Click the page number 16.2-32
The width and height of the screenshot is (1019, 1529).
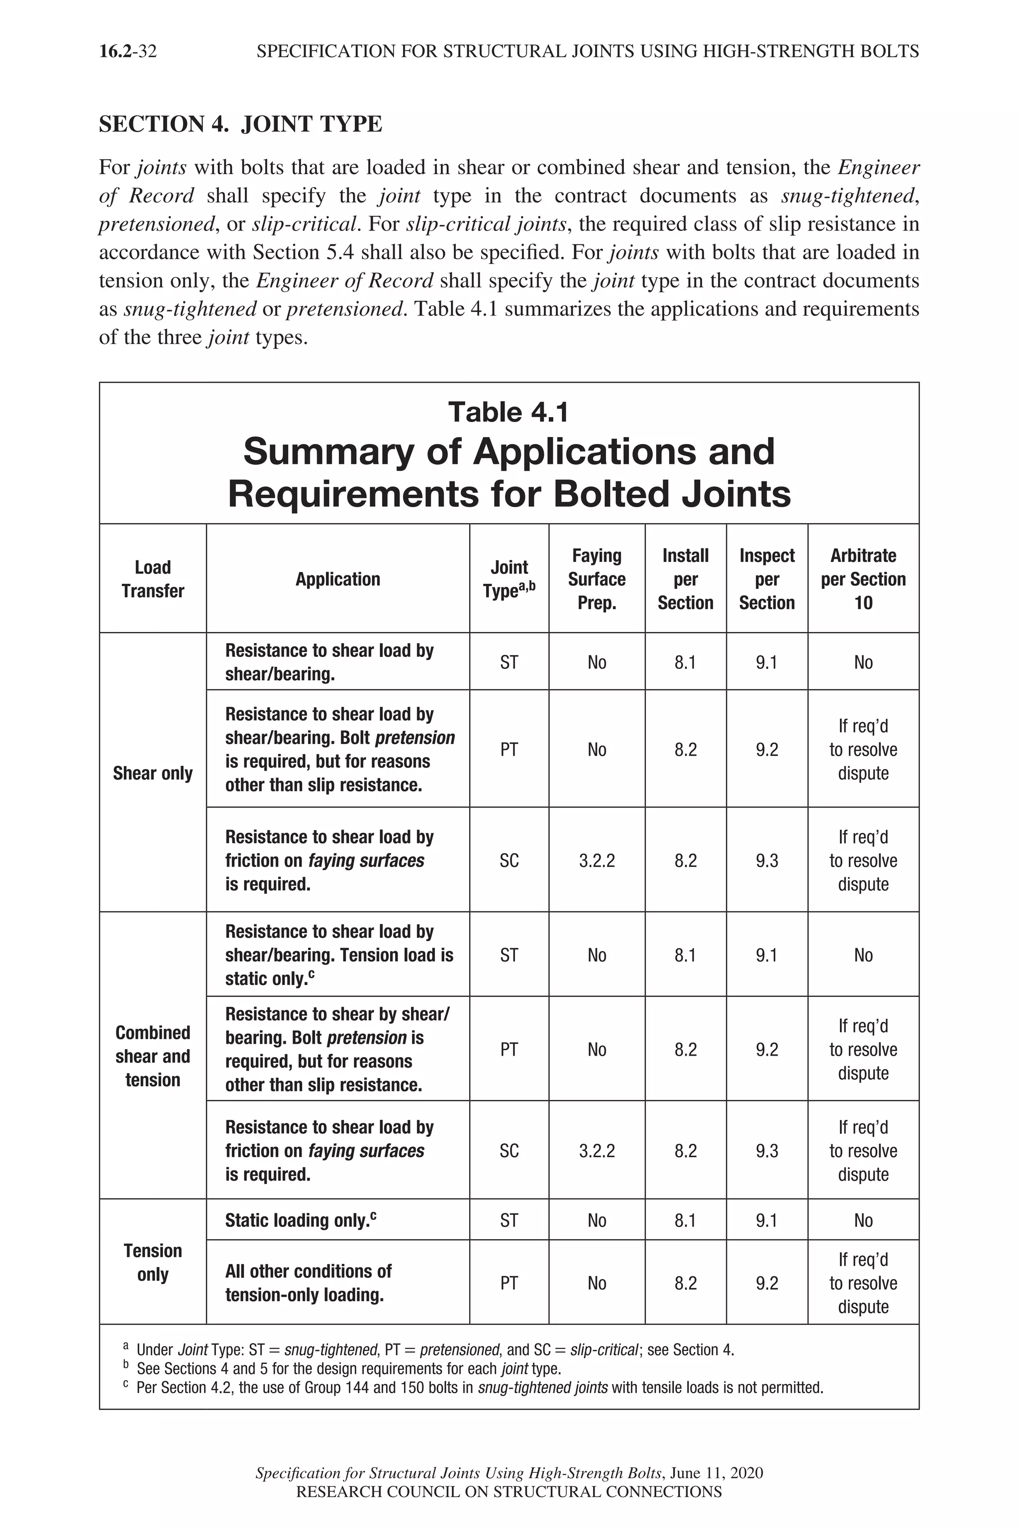point(127,51)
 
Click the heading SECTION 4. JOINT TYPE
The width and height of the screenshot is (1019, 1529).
point(240,123)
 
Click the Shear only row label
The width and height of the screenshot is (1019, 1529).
point(153,773)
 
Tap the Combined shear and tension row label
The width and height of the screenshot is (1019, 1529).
point(153,1056)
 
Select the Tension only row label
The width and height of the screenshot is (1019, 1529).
point(153,1262)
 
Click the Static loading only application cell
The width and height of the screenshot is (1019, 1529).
point(300,1220)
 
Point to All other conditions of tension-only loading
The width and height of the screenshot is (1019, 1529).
point(308,1283)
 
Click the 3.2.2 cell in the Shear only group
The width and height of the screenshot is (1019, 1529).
point(597,861)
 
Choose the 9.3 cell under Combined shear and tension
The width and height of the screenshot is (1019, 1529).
point(766,1151)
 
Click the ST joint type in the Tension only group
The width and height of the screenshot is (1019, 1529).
point(509,1220)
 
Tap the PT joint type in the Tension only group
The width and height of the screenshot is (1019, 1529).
point(509,1283)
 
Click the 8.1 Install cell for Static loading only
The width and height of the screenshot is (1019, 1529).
point(685,1220)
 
